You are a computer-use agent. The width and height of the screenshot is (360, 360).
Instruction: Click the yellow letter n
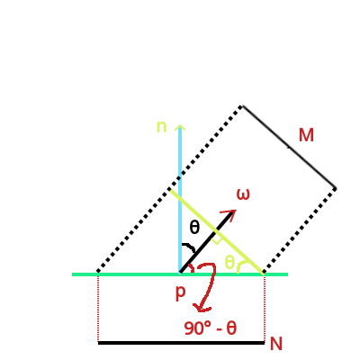pos(161,127)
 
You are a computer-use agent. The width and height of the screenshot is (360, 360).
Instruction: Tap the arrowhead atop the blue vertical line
pos(180,128)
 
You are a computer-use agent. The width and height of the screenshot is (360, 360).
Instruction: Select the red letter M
pos(306,135)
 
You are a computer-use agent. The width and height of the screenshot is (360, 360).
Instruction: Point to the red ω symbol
pos(243,193)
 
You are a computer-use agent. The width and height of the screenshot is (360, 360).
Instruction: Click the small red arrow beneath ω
pos(229,215)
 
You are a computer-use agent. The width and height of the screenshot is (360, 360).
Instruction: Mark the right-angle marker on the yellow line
pos(216,239)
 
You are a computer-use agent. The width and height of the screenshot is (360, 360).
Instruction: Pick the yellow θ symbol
pos(229,263)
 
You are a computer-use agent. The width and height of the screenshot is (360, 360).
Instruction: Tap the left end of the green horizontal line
pos(74,274)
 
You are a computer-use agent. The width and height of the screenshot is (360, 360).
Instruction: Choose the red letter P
pos(180,293)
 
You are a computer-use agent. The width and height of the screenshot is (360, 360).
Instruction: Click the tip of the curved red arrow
pos(198,310)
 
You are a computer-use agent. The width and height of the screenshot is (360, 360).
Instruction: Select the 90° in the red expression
pos(198,328)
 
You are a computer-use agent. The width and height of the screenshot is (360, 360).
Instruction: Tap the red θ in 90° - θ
pos(231,328)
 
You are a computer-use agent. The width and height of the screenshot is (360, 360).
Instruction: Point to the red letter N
pos(275,344)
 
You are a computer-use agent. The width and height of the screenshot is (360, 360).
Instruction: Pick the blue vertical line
pos(180,207)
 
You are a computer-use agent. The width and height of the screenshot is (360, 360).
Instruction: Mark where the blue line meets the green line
pos(180,274)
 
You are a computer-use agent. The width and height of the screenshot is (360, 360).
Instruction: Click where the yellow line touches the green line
pos(262,273)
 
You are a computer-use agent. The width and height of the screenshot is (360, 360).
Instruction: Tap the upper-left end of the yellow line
pos(170,190)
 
